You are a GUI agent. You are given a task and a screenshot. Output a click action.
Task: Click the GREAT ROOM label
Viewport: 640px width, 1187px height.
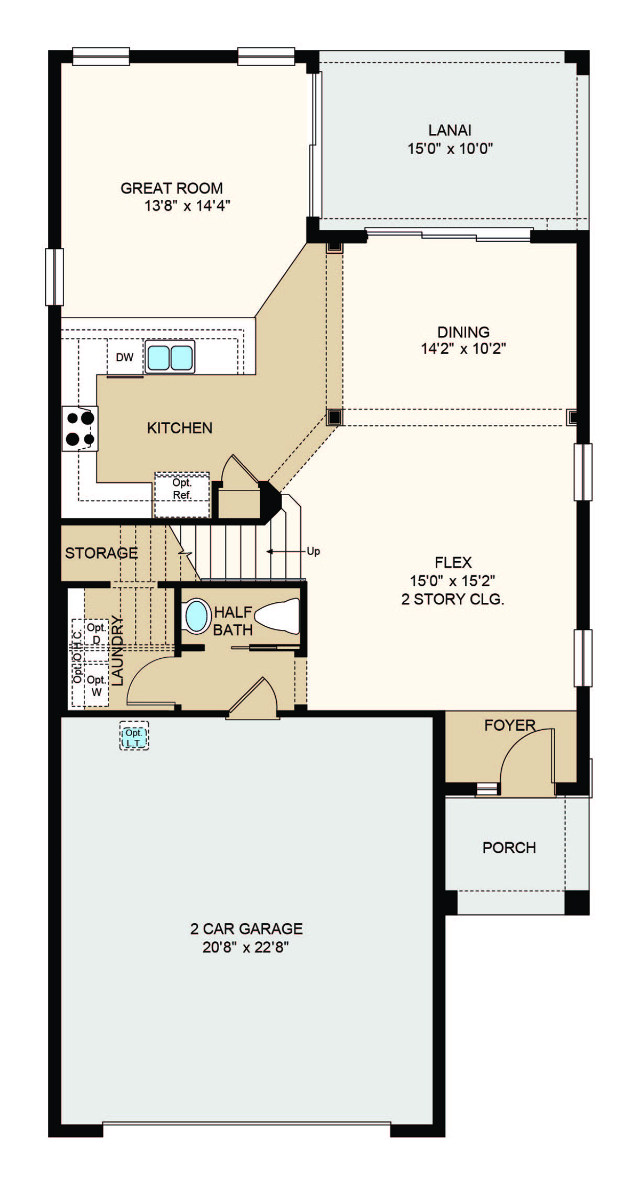(172, 188)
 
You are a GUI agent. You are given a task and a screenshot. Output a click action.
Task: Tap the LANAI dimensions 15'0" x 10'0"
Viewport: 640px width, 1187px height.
(450, 149)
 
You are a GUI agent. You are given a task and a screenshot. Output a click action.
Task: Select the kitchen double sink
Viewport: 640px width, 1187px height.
(170, 357)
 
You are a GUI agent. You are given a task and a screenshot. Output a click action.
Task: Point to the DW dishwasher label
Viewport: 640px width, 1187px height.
(125, 358)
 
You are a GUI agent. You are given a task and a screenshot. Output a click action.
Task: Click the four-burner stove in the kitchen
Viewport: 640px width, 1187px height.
(80, 429)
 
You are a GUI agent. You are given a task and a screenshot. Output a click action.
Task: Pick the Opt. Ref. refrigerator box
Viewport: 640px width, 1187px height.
(182, 495)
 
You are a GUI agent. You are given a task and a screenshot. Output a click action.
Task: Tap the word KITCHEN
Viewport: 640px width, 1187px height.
(180, 428)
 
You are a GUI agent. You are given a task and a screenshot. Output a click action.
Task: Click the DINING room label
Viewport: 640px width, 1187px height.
(463, 332)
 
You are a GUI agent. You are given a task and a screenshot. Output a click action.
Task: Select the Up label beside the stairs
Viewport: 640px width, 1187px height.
(314, 551)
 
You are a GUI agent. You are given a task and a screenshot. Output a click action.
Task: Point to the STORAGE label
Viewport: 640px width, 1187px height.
(101, 553)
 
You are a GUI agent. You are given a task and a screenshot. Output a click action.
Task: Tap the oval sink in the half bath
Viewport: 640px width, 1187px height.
(196, 616)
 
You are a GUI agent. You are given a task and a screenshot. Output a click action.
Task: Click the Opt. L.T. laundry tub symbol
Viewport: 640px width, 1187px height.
(134, 736)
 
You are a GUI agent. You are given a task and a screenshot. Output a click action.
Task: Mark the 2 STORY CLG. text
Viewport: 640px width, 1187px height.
(453, 600)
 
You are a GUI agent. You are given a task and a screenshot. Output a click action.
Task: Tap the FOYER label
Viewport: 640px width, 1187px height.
(510, 725)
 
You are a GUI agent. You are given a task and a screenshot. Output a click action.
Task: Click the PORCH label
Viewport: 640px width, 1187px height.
(509, 848)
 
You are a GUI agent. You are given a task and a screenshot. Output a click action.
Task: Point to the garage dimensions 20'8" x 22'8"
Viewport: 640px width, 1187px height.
(246, 948)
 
